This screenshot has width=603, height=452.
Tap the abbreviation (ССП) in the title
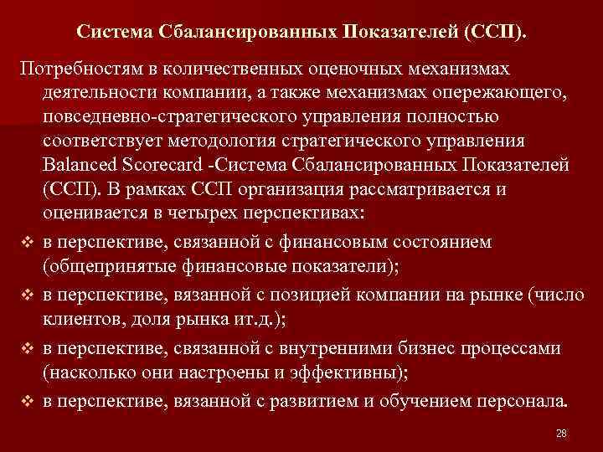coord(499,31)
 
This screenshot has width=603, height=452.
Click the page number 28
coord(561,433)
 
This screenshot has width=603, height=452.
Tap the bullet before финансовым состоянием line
coord(27,243)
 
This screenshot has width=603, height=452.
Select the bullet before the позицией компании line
coord(27,297)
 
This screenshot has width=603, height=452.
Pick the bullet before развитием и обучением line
coord(27,401)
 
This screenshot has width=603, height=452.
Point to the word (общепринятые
coord(100,267)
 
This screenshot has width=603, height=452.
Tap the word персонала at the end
coord(525,401)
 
